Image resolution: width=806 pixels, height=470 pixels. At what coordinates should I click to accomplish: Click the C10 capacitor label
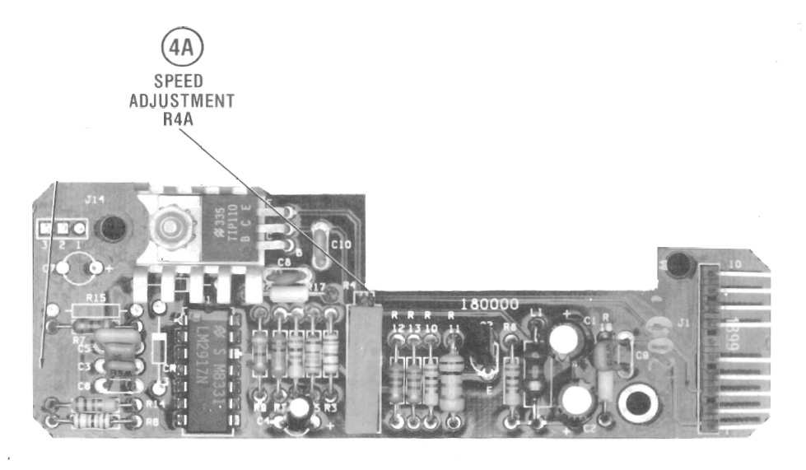click(x=340, y=244)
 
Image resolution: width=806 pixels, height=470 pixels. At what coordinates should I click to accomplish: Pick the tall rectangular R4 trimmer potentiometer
click(x=361, y=368)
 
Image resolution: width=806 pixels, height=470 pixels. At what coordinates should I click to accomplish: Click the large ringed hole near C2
click(x=637, y=403)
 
